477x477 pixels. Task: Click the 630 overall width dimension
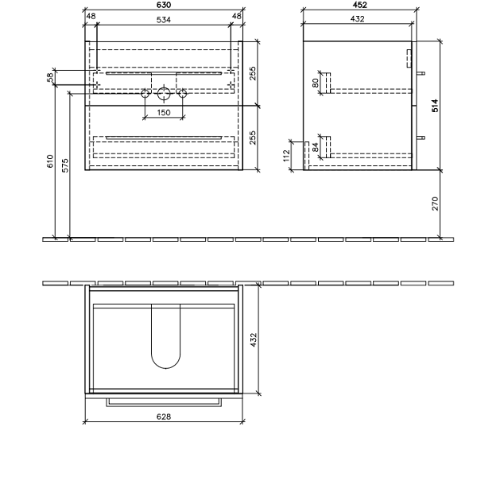click(163, 6)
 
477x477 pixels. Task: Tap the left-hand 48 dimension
click(91, 16)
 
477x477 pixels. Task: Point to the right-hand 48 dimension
click(235, 16)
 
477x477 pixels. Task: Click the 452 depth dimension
click(359, 6)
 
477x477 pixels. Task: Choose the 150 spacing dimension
click(163, 113)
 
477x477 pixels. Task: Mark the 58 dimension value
click(50, 77)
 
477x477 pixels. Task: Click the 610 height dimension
click(50, 163)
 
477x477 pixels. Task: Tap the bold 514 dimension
click(434, 105)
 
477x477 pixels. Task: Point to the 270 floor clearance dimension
click(434, 204)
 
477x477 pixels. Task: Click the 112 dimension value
click(287, 155)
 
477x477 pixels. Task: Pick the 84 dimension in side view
click(316, 146)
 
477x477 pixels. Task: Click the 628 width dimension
click(163, 416)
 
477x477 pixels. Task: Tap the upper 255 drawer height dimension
click(252, 73)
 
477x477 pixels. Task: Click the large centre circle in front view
click(164, 95)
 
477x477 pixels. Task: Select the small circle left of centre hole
click(145, 95)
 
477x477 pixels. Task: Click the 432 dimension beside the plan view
click(254, 339)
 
